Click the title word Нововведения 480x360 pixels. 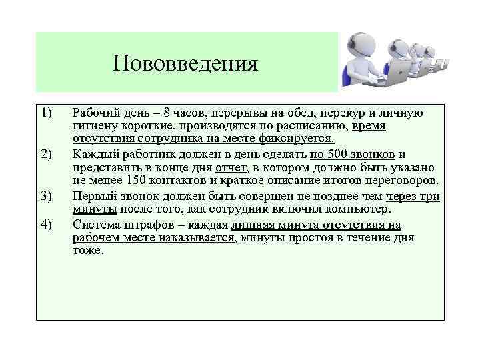click(x=185, y=64)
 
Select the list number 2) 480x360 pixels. click(x=46, y=155)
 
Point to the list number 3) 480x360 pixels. click(x=46, y=195)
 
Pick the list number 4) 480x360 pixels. click(x=46, y=223)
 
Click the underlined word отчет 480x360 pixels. click(x=231, y=167)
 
